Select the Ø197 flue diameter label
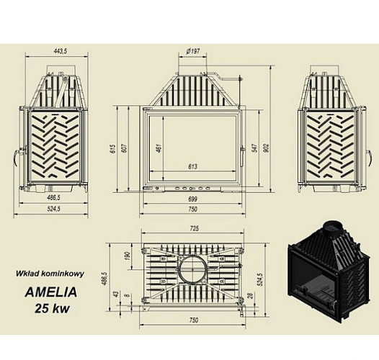(192, 51)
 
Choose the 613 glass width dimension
(192, 166)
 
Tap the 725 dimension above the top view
(193, 229)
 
